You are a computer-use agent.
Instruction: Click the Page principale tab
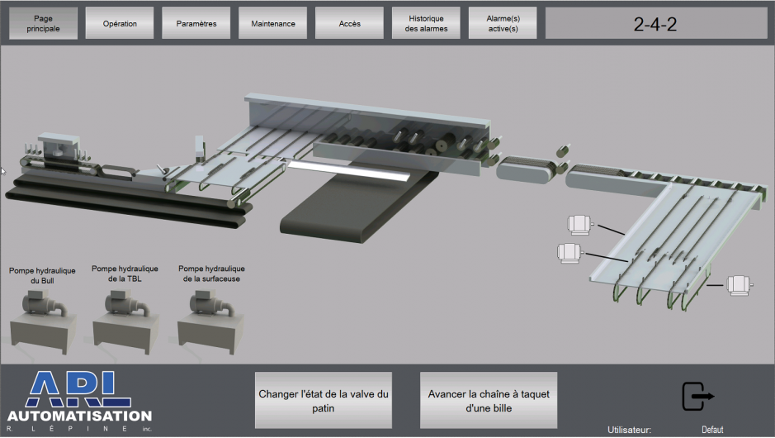tap(43, 23)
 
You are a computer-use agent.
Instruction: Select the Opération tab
tap(120, 23)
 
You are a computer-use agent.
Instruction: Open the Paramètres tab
tap(196, 23)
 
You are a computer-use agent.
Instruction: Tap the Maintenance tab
tap(273, 23)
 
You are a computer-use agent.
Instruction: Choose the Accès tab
tap(350, 23)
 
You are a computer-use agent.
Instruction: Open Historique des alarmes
tap(426, 23)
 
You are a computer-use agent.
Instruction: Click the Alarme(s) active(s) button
tap(503, 23)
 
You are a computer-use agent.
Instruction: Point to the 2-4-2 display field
tap(655, 23)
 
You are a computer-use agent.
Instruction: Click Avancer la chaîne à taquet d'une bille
tap(489, 400)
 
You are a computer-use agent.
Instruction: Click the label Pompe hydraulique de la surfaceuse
tap(211, 274)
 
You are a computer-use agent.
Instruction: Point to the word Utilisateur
tap(630, 430)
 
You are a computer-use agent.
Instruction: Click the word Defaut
tap(712, 430)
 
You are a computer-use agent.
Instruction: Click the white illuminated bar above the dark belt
tap(347, 170)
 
